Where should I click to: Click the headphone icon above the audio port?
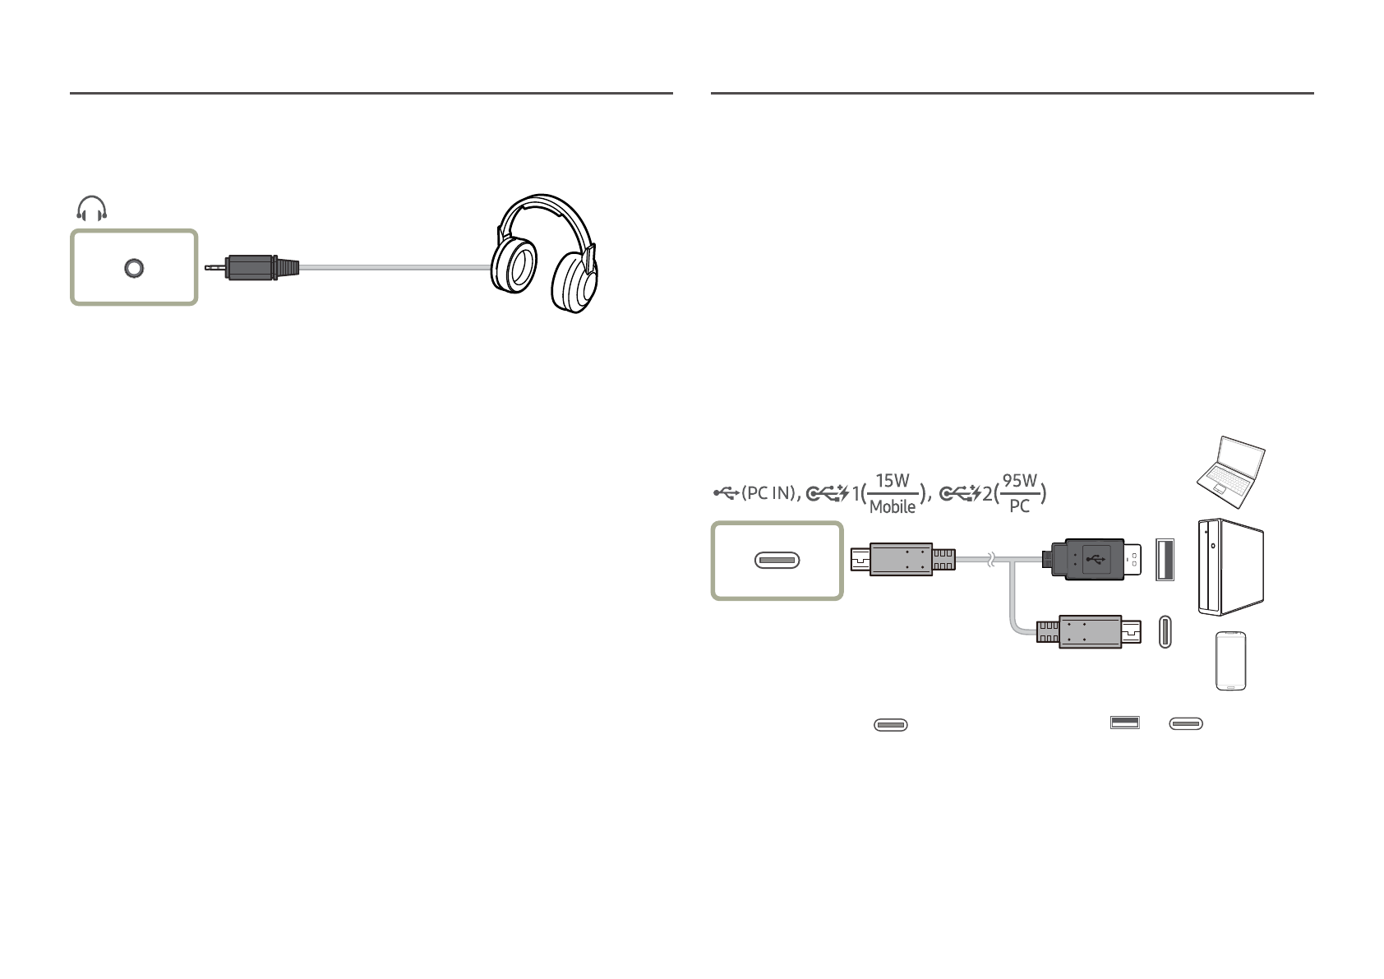coord(92,210)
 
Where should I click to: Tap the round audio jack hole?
coord(133,268)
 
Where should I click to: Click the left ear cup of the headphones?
coord(515,268)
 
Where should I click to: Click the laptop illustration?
coord(1230,466)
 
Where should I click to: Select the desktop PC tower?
coord(1230,566)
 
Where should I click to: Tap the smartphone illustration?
coord(1230,661)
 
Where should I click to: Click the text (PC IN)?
coord(768,493)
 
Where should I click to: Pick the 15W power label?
coord(893,480)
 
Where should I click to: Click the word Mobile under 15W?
coord(893,507)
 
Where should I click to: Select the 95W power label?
coord(1019,480)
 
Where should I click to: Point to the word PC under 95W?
coord(1019,506)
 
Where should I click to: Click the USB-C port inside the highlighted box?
coord(777,561)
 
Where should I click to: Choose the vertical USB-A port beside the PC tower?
coord(1165,559)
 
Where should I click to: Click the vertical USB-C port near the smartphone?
coord(1165,630)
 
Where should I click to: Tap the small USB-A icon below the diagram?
coord(1124,723)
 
